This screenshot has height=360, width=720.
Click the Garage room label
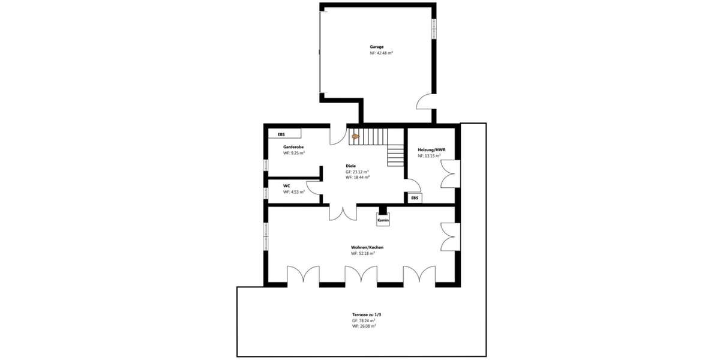pyautogui.click(x=376, y=46)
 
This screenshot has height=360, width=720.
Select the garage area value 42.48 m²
pyautogui.click(x=381, y=53)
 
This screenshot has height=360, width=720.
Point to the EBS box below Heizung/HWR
pyautogui.click(x=415, y=197)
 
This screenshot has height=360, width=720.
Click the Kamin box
pyautogui.click(x=383, y=221)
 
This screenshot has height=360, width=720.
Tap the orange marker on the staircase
pyautogui.click(x=355, y=136)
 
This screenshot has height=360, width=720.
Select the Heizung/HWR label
pyautogui.click(x=431, y=149)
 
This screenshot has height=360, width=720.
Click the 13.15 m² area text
pyautogui.click(x=429, y=156)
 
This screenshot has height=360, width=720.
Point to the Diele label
pyautogui.click(x=351, y=166)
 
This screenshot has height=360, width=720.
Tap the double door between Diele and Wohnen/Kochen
pyautogui.click(x=343, y=213)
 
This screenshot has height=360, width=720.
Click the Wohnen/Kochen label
pyautogui.click(x=367, y=247)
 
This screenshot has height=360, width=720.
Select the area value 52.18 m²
pyautogui.click(x=363, y=253)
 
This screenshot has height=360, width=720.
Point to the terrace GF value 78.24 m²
pyautogui.click(x=364, y=321)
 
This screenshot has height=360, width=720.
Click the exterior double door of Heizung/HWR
pyautogui.click(x=451, y=174)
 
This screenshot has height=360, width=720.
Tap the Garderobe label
pyautogui.click(x=293, y=147)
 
